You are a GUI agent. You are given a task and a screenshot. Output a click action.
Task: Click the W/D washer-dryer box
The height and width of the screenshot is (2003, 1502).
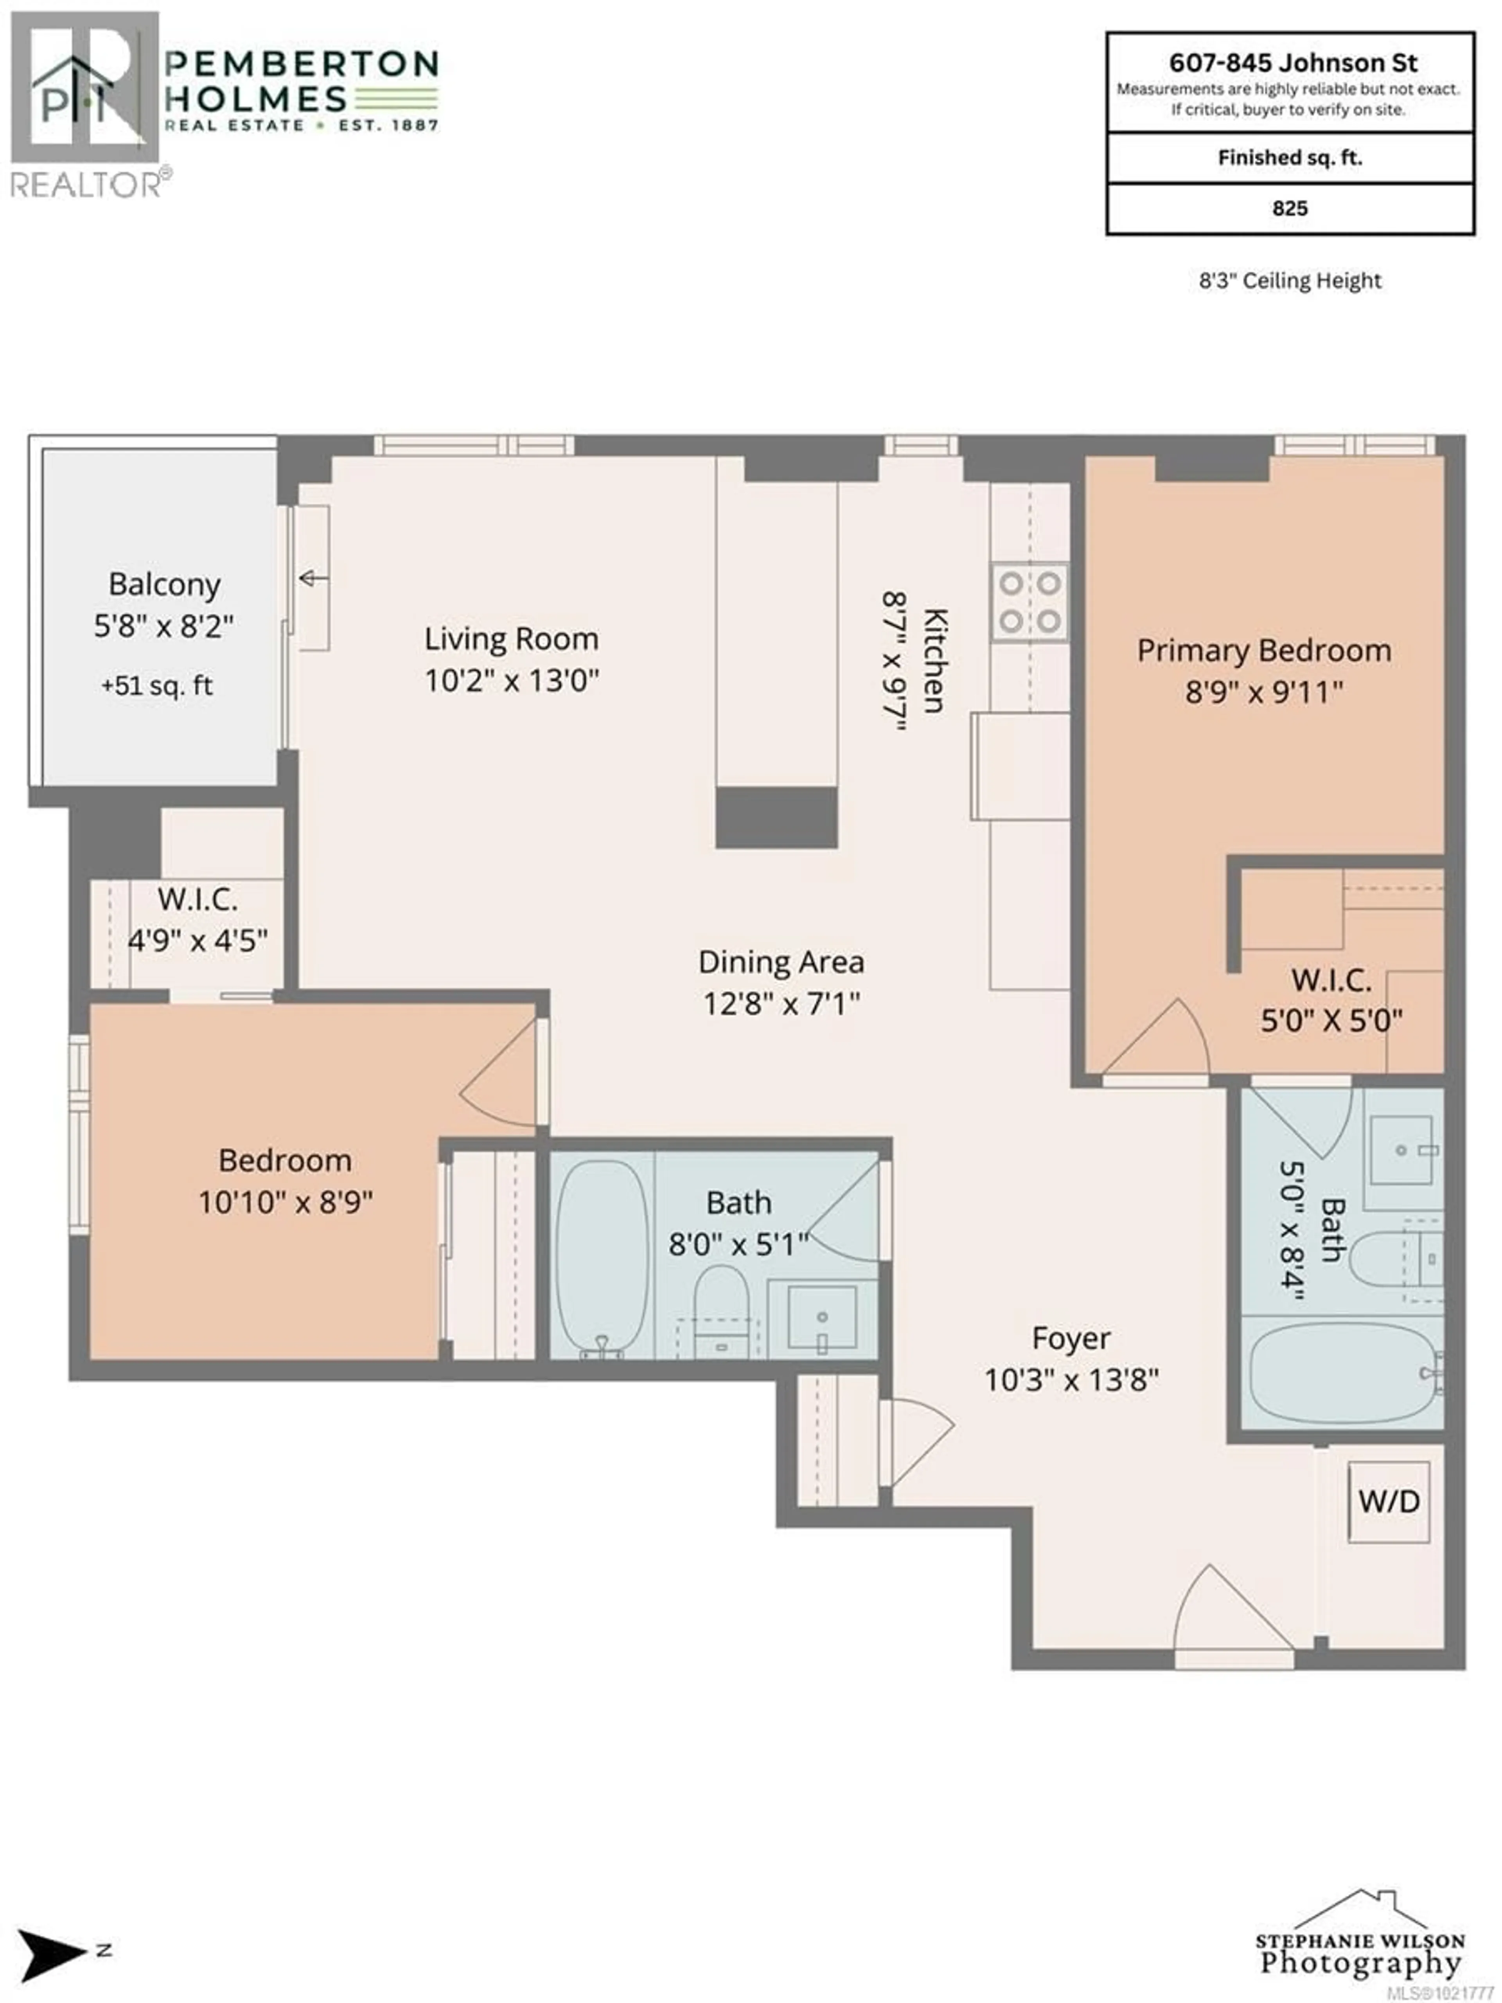pyautogui.click(x=1388, y=1501)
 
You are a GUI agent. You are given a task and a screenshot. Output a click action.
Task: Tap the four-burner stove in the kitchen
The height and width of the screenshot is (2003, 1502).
pyautogui.click(x=1029, y=602)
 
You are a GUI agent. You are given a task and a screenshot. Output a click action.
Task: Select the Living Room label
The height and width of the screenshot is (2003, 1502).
pyautogui.click(x=512, y=639)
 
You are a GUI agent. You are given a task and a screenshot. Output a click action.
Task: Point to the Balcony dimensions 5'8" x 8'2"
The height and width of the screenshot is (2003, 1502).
pyautogui.click(x=164, y=626)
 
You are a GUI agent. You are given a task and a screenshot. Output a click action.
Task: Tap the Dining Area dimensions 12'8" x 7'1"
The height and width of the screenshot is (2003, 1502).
pyautogui.click(x=782, y=1003)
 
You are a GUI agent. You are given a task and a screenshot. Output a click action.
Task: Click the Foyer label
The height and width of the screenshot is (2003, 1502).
pyautogui.click(x=1071, y=1338)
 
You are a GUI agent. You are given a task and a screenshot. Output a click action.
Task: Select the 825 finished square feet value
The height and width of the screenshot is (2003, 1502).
pyautogui.click(x=1289, y=208)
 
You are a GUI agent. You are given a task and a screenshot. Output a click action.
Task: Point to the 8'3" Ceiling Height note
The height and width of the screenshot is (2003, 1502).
pyautogui.click(x=1290, y=281)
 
